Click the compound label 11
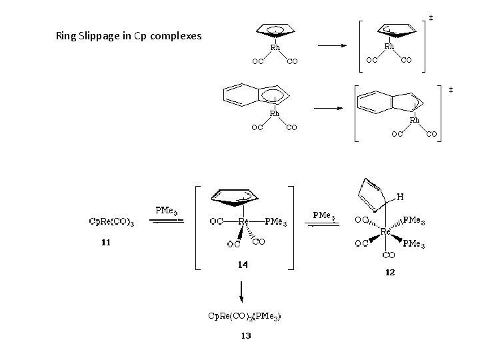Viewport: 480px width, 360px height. pyautogui.click(x=105, y=243)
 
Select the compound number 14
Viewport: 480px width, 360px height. pyautogui.click(x=243, y=265)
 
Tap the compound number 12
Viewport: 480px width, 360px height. pyautogui.click(x=389, y=272)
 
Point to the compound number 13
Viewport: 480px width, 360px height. pyautogui.click(x=246, y=335)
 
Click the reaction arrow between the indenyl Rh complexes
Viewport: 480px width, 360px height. pyautogui.click(x=328, y=107)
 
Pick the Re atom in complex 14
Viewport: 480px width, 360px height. pyautogui.click(x=244, y=221)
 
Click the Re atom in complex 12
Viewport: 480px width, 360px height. pyautogui.click(x=385, y=231)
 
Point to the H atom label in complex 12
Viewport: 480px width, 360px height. pyautogui.click(x=400, y=197)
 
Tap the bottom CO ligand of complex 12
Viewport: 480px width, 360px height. pyautogui.click(x=387, y=255)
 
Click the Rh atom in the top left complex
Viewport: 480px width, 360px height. pyautogui.click(x=275, y=47)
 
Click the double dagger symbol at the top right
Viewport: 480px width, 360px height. pyautogui.click(x=431, y=17)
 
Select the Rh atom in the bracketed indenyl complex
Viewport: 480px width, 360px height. pyautogui.click(x=414, y=121)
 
